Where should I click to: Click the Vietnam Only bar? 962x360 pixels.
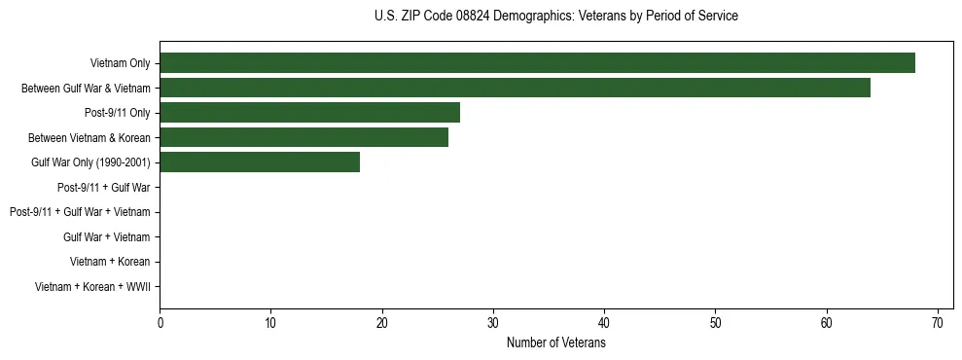(537, 63)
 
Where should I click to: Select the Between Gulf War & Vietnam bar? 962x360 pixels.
(515, 88)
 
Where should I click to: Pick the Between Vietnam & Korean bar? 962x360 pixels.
(303, 137)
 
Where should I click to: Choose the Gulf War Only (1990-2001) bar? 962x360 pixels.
(260, 162)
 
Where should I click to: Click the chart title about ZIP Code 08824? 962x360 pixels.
(555, 17)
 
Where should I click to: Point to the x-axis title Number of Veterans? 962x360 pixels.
(555, 343)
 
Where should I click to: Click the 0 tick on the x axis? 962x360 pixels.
(160, 323)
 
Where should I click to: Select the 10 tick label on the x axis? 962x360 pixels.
(270, 323)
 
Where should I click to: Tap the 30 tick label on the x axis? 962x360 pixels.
(493, 323)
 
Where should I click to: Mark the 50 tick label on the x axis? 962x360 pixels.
(715, 323)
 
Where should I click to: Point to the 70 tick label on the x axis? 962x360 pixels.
(938, 323)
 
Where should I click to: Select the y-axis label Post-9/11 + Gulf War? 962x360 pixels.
(103, 187)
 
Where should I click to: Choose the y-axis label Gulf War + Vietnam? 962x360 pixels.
(106, 236)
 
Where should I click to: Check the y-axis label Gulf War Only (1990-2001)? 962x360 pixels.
(89, 162)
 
